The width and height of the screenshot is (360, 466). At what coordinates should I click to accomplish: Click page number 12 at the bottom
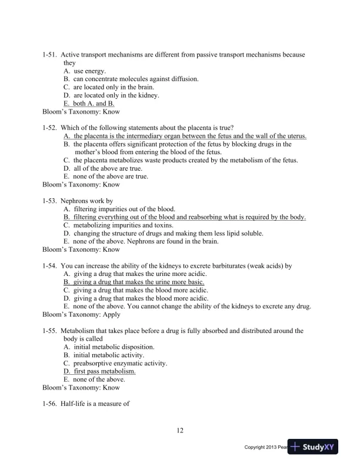tap(180, 431)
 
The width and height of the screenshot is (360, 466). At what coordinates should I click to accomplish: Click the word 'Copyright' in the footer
tap(257, 448)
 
